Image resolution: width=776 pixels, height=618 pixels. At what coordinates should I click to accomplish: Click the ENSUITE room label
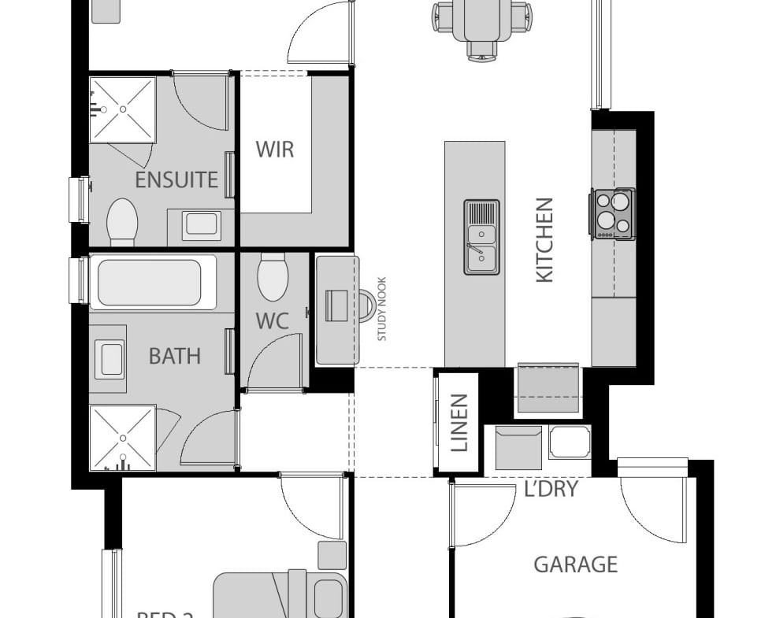point(176,179)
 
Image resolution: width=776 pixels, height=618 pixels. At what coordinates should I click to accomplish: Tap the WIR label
point(274,149)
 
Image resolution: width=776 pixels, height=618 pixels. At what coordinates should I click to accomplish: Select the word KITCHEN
point(544,239)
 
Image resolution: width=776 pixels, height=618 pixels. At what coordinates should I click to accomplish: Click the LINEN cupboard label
point(459,423)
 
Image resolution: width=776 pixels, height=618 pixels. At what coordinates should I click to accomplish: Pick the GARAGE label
point(575,564)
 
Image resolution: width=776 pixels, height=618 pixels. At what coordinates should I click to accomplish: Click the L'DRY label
point(551,489)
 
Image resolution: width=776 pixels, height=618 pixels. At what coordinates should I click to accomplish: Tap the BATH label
point(175,356)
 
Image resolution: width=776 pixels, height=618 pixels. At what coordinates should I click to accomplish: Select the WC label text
point(272,321)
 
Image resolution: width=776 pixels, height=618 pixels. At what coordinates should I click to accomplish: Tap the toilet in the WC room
point(273,278)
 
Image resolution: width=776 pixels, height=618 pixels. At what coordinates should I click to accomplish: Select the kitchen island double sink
point(481,237)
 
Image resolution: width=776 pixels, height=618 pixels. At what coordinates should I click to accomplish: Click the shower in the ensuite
point(122,109)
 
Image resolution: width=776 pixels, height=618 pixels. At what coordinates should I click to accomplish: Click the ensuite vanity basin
point(200,224)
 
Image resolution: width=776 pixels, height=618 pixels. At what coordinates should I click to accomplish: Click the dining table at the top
point(482,20)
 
